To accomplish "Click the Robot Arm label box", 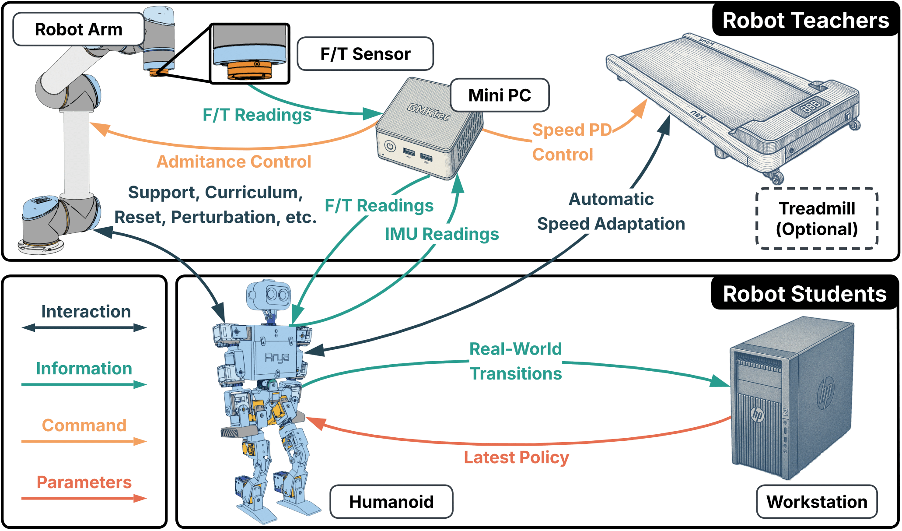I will [x=79, y=29].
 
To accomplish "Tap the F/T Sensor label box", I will [x=365, y=54].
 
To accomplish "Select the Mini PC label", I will [x=500, y=95].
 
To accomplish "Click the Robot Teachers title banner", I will [x=805, y=21].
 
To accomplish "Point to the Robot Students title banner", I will [x=804, y=294].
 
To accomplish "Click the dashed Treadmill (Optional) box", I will [x=817, y=218].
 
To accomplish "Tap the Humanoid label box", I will [x=391, y=502].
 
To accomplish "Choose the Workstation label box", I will [x=817, y=502].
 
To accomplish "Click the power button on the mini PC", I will [x=390, y=146].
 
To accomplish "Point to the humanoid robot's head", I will [x=269, y=295].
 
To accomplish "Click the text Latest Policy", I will [x=516, y=457].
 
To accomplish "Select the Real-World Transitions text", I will [x=515, y=361].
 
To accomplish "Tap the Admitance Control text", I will [x=234, y=162].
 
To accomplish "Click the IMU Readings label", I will [x=442, y=234].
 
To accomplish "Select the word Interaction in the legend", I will [x=86, y=312].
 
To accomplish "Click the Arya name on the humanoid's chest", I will [x=277, y=358].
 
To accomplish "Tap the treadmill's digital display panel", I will [x=810, y=106].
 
